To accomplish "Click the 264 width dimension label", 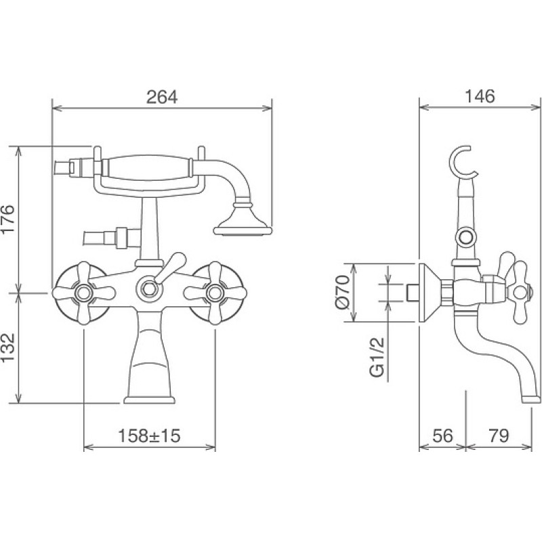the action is [x=162, y=97].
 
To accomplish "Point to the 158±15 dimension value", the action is [x=149, y=436].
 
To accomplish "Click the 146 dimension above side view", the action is [x=480, y=96].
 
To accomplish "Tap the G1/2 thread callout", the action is [x=377, y=357].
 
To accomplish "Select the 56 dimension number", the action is [x=442, y=436].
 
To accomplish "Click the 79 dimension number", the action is [x=499, y=436].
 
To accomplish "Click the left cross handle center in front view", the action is [x=83, y=293].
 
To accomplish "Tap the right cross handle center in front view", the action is [x=215, y=293].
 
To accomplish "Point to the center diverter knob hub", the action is [x=149, y=288].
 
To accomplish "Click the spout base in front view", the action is [x=149, y=400].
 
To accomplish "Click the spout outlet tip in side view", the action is [x=530, y=399].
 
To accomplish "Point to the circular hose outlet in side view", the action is [x=465, y=238].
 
